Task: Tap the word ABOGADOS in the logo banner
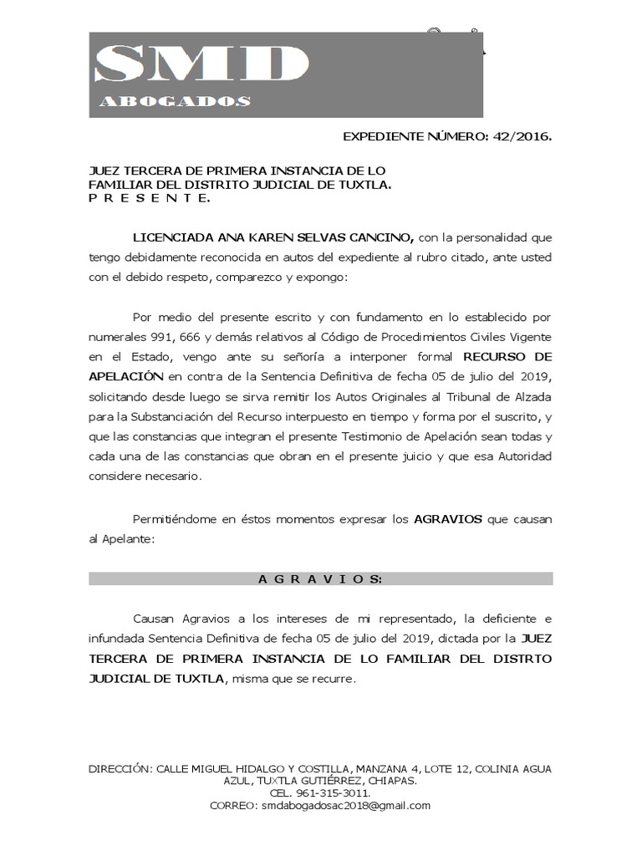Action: click(x=175, y=102)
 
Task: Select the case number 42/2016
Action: click(x=523, y=135)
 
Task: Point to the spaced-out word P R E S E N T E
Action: click(x=150, y=199)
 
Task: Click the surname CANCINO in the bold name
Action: click(x=377, y=237)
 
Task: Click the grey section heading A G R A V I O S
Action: click(x=321, y=578)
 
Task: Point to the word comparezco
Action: click(x=251, y=277)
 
